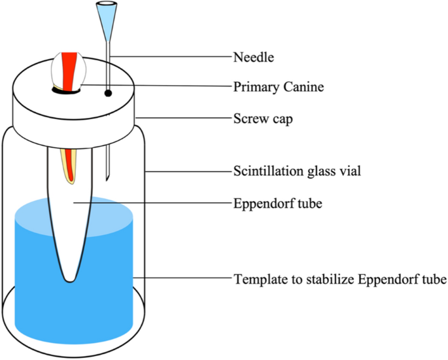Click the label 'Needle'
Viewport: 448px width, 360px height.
(x=253, y=57)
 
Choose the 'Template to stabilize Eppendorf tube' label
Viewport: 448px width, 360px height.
(x=339, y=279)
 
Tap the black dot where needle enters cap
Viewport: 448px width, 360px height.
(x=108, y=94)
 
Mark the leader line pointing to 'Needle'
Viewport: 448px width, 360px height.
(x=170, y=57)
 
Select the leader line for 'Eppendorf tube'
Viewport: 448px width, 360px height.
(x=150, y=203)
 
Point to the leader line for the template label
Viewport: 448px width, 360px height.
(x=183, y=279)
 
